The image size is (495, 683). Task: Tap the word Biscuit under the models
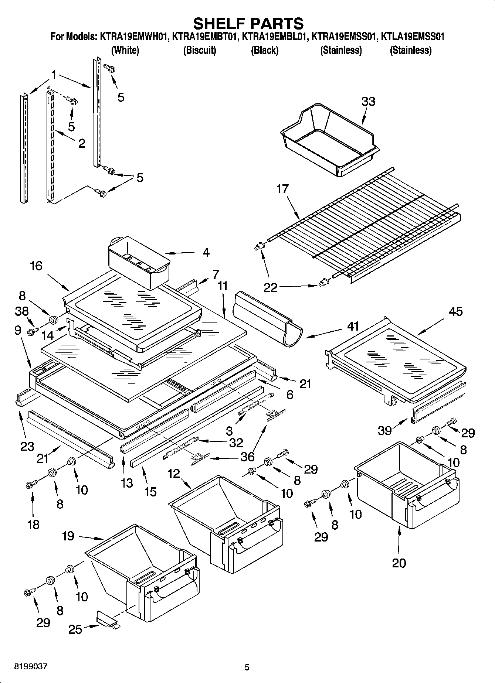pyautogui.click(x=200, y=50)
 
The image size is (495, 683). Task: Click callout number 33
pyautogui.click(x=368, y=101)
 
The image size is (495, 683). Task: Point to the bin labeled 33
pyautogui.click(x=329, y=140)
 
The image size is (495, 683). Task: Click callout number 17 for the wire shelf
pyautogui.click(x=282, y=189)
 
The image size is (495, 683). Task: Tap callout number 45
pyautogui.click(x=455, y=311)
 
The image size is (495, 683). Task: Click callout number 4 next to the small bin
pyautogui.click(x=206, y=253)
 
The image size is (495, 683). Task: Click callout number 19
pyautogui.click(x=68, y=536)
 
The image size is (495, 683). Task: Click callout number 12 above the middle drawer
pyautogui.click(x=173, y=473)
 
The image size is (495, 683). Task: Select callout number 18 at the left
pyautogui.click(x=33, y=524)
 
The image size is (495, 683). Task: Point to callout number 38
pyautogui.click(x=22, y=311)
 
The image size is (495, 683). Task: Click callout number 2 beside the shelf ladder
pyautogui.click(x=81, y=143)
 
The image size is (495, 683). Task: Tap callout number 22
pyautogui.click(x=270, y=288)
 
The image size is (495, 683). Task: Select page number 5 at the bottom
pyautogui.click(x=247, y=667)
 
